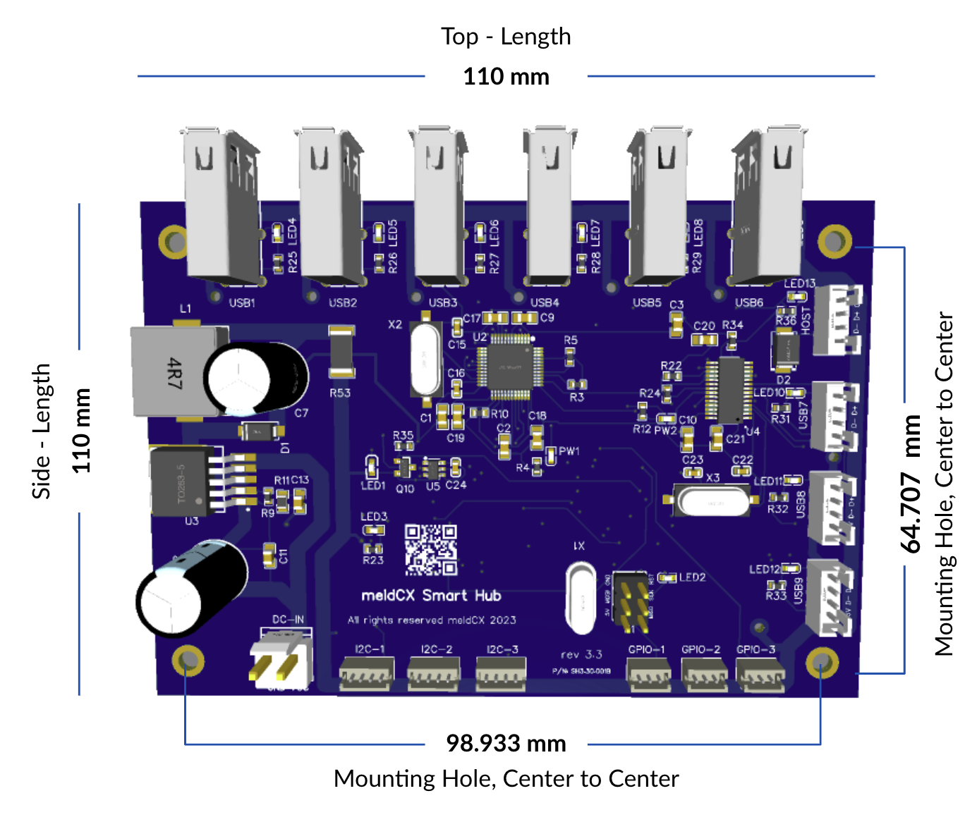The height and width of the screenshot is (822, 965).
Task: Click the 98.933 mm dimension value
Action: pos(506,743)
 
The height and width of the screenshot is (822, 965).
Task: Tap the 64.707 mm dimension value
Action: pos(911,484)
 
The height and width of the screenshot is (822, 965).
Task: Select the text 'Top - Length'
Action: pos(506,37)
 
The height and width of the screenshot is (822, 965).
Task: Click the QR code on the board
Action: pos(431,549)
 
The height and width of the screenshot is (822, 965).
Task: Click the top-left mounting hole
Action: pos(174,242)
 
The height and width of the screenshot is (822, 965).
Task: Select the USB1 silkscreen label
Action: pos(242,303)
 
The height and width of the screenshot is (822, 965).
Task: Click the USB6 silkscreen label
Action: pos(749,302)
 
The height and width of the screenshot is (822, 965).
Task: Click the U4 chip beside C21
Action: pos(730,390)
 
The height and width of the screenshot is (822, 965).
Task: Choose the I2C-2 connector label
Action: pos(437,649)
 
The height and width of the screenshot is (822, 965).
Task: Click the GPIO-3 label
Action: pos(755,649)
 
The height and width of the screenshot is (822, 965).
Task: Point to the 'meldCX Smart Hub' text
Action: pos(431,596)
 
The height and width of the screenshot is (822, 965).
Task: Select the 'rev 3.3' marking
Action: pos(581,654)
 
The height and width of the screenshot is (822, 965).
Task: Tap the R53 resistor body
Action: pos(341,353)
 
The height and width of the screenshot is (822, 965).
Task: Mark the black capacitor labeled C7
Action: pos(257,377)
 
